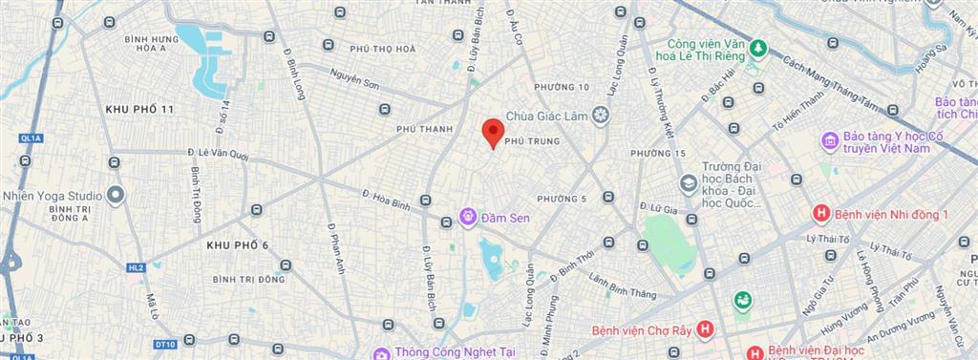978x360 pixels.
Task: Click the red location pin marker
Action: (492, 132)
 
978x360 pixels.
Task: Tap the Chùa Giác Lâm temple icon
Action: (600, 116)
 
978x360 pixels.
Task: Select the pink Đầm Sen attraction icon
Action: (467, 218)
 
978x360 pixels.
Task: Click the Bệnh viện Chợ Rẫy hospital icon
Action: (705, 330)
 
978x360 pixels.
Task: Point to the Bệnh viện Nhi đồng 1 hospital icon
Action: (819, 213)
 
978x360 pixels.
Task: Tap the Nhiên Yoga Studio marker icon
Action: (117, 196)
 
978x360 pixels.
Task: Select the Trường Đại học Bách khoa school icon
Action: (688, 182)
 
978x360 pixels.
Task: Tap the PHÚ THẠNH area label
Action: (422, 126)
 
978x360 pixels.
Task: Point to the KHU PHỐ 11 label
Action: (139, 110)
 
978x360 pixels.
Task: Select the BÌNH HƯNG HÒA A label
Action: (151, 44)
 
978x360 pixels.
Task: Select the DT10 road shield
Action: (164, 344)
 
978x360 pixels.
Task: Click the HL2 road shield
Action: (137, 267)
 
